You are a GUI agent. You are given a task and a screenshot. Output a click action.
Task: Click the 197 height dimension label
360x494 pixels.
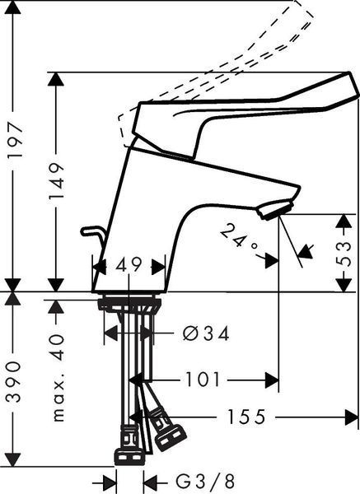point(14,140)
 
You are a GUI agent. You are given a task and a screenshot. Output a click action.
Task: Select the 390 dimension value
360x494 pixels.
point(14,381)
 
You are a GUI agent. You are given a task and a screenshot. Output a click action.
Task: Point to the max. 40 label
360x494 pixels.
point(57,379)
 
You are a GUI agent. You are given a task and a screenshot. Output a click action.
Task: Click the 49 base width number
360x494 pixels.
point(129,266)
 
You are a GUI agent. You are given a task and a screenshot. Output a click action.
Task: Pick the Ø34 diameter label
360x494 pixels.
point(206,334)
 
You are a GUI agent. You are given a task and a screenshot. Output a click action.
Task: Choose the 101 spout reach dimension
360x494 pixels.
point(203,379)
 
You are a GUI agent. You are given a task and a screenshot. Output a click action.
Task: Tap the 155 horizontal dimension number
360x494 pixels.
point(246,417)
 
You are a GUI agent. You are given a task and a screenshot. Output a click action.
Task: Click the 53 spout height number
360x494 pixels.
point(344,254)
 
